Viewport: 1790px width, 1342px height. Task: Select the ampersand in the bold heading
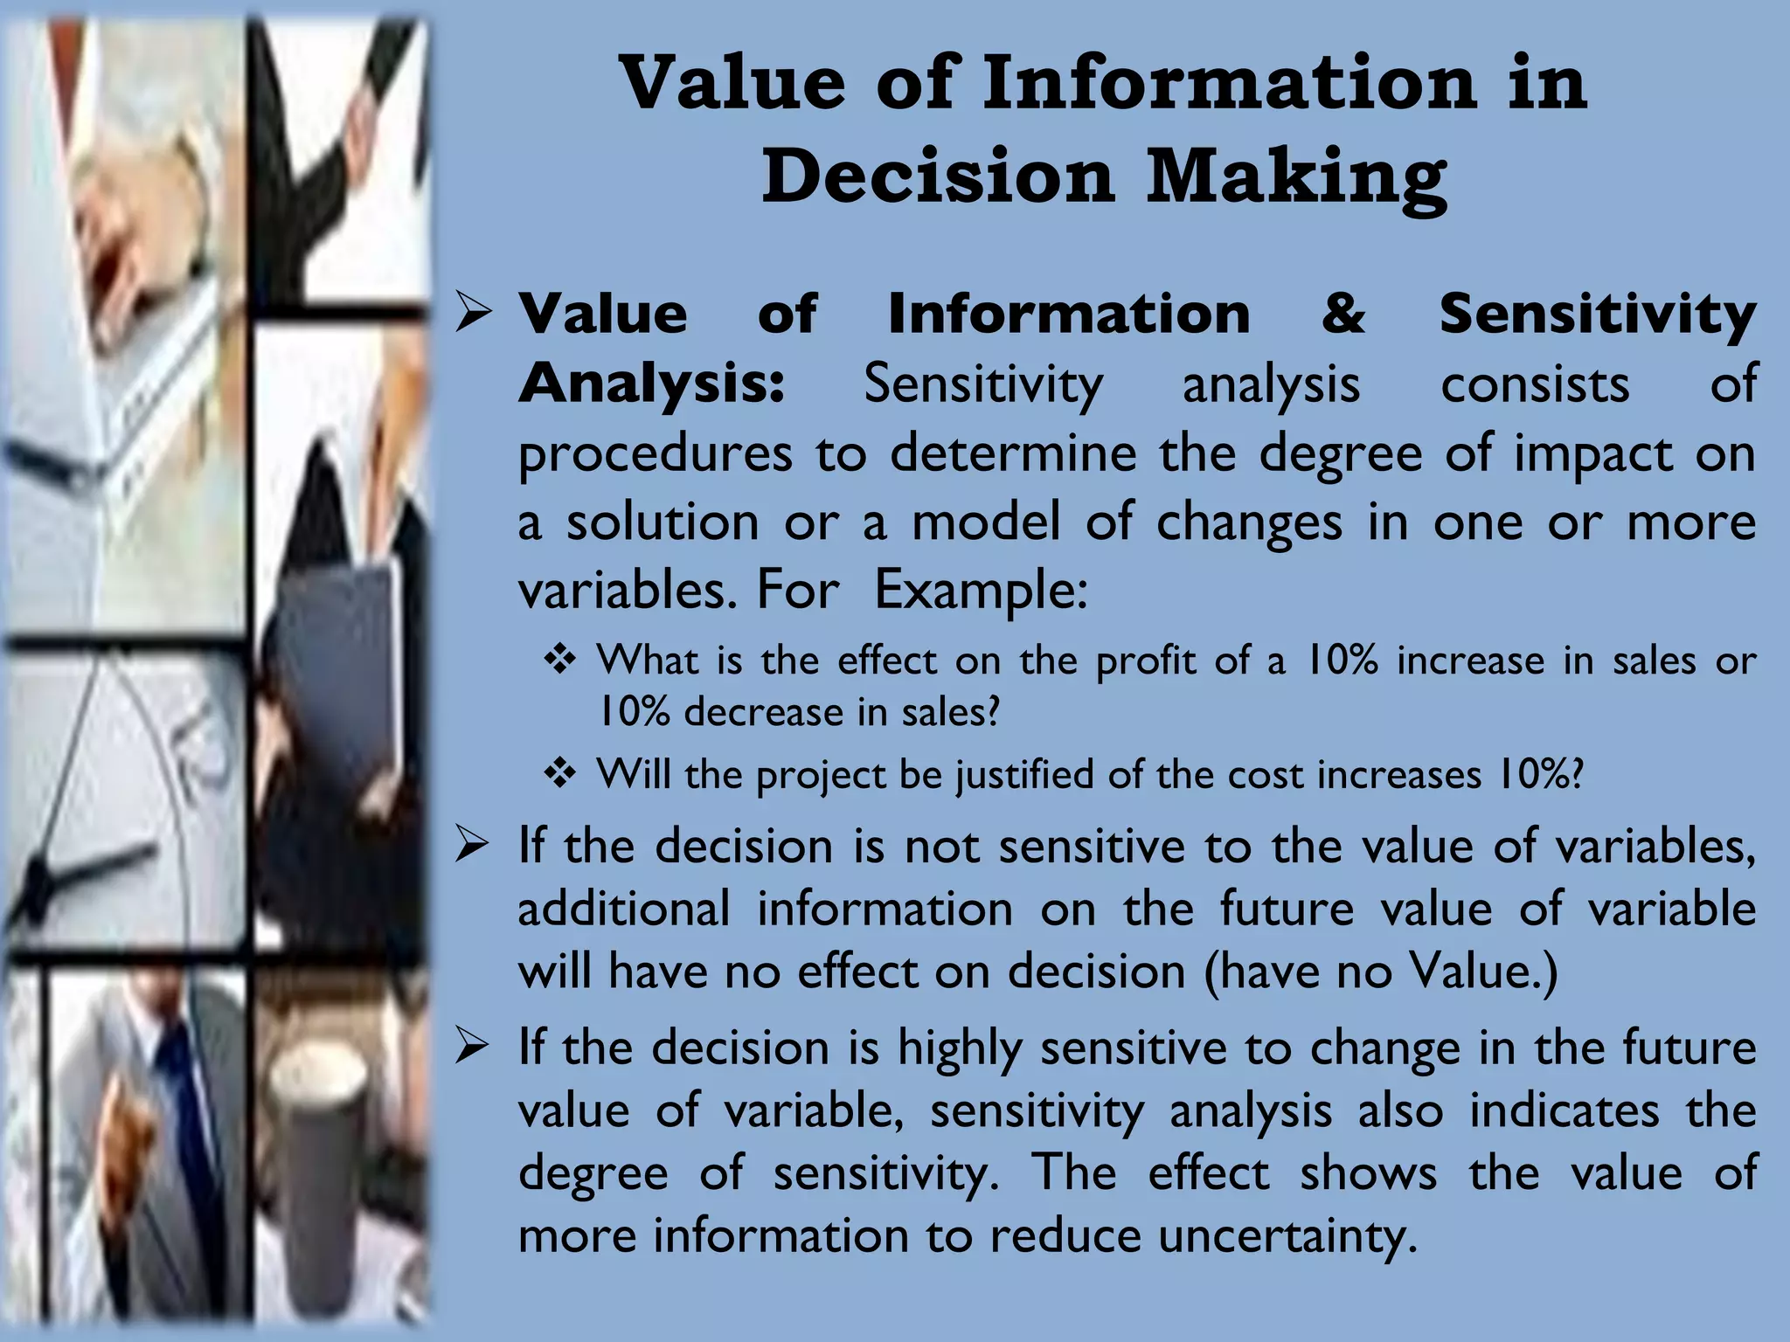[1343, 313]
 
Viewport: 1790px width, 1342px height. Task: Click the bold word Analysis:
[651, 384]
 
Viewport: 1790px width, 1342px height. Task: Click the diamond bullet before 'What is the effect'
[559, 660]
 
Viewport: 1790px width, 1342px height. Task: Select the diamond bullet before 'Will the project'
[559, 773]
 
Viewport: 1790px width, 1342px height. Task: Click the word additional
[623, 909]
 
